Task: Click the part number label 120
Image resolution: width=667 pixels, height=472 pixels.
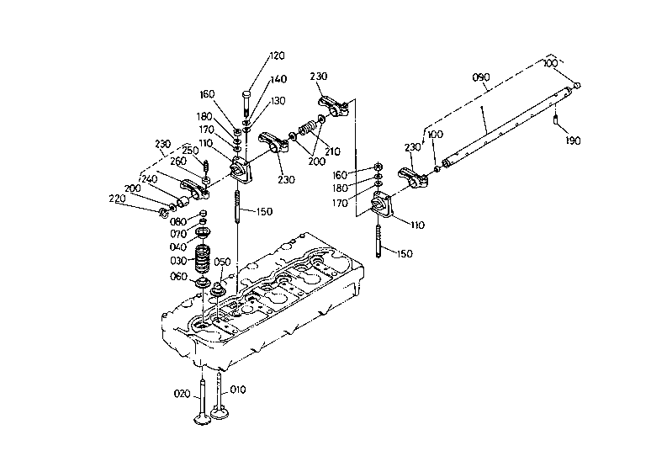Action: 277,56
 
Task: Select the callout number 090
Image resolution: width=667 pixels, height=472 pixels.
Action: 480,77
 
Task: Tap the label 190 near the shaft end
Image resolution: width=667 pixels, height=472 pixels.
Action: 573,141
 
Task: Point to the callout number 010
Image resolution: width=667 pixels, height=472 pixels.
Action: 238,390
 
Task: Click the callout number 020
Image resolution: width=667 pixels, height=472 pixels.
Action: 182,394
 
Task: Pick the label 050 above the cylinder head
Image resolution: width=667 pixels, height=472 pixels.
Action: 222,262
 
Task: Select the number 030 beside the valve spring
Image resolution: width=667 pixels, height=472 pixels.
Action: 178,261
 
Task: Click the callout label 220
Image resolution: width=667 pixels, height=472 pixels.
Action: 118,199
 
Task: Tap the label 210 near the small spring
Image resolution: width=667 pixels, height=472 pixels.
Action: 332,151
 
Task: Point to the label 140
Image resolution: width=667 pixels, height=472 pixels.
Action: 278,79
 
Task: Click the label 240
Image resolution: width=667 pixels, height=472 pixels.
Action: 150,179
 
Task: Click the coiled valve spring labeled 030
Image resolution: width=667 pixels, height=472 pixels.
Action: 202,259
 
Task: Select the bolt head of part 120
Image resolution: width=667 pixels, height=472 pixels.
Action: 246,93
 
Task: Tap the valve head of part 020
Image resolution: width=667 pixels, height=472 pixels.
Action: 203,419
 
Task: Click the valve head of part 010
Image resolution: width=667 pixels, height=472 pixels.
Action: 220,412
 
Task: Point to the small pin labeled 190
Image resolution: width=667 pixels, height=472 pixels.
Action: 555,119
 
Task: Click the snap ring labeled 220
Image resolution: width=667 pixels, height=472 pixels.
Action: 162,212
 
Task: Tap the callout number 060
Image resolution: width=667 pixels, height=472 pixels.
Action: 178,277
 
